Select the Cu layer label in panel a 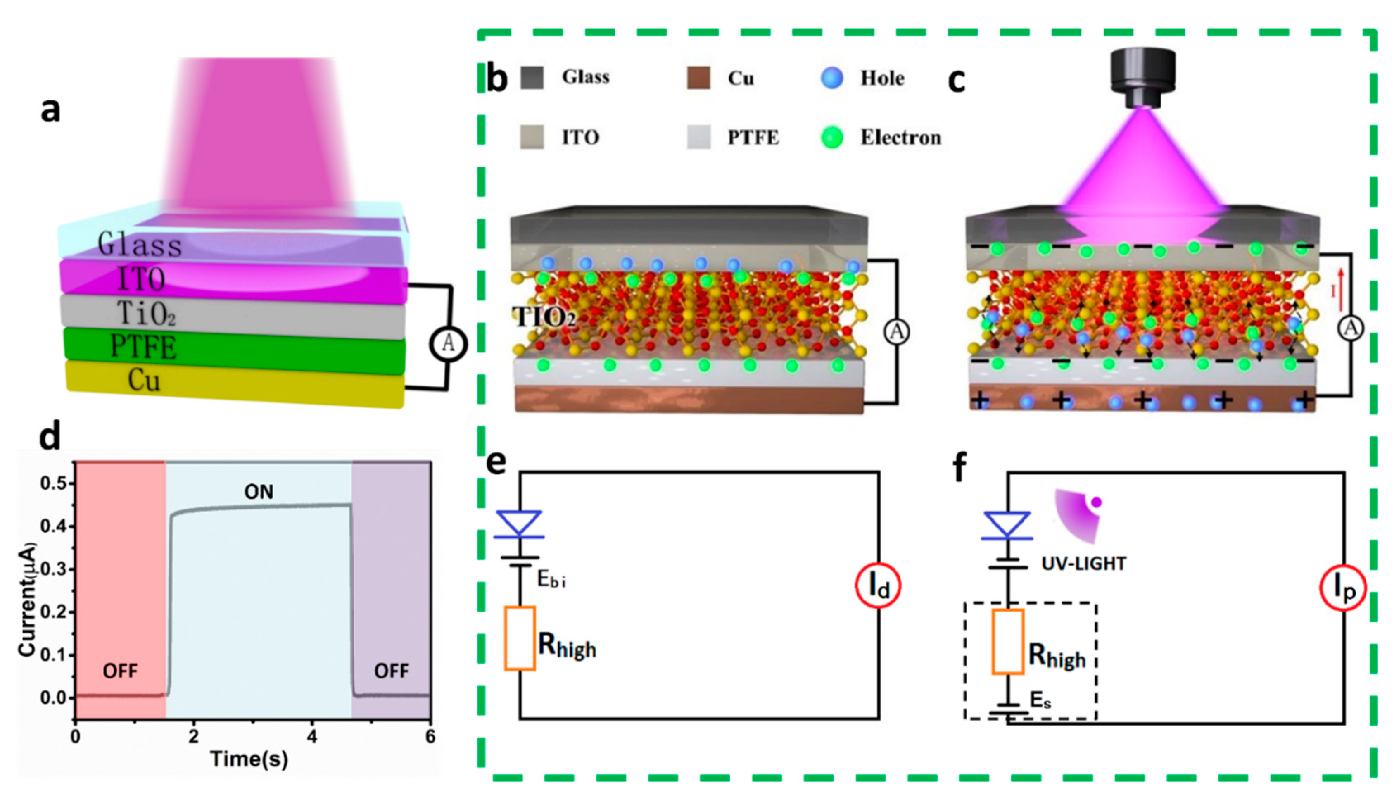click(144, 380)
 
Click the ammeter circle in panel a click(448, 343)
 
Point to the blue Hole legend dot click(832, 78)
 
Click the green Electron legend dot click(832, 138)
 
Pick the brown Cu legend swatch click(698, 78)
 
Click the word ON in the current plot click(259, 492)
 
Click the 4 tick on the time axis click(312, 737)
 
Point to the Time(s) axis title click(249, 759)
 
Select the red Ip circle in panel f click(1343, 588)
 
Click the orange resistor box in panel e click(519, 638)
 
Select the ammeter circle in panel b click(896, 331)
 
